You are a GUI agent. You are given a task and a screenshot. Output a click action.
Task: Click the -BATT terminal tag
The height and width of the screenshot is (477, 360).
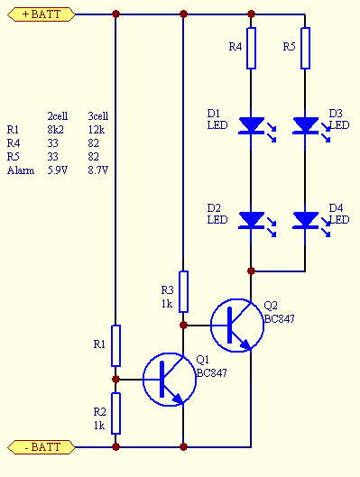39,446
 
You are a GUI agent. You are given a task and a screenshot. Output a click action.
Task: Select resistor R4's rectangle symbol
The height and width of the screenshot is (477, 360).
251,49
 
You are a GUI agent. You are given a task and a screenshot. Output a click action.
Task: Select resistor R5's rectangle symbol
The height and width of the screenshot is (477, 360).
305,49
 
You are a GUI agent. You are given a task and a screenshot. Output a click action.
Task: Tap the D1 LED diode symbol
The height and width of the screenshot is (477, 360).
251,124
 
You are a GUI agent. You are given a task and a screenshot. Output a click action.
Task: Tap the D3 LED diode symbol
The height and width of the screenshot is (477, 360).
305,124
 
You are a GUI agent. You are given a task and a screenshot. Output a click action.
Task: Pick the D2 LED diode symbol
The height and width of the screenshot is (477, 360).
251,219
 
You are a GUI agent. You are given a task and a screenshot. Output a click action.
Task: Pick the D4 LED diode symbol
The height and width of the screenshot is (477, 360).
305,219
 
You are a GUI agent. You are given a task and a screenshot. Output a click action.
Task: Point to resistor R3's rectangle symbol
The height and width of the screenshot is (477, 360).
184,290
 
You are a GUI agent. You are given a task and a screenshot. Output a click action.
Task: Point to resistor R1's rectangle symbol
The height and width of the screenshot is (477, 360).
116,345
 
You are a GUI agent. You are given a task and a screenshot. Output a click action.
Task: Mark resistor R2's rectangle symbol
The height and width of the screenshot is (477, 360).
116,413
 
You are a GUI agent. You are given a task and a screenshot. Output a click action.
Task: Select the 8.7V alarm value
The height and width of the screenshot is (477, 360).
97,170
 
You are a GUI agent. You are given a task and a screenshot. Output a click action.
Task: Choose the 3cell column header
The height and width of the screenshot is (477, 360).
97,115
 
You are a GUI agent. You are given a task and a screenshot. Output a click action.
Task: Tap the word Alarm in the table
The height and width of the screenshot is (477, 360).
19,170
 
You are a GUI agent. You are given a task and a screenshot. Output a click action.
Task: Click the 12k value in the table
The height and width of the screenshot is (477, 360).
96,129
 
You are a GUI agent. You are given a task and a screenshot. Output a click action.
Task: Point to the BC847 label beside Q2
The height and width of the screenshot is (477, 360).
279,318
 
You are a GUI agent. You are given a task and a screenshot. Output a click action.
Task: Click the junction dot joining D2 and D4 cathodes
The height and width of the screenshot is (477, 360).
251,270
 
